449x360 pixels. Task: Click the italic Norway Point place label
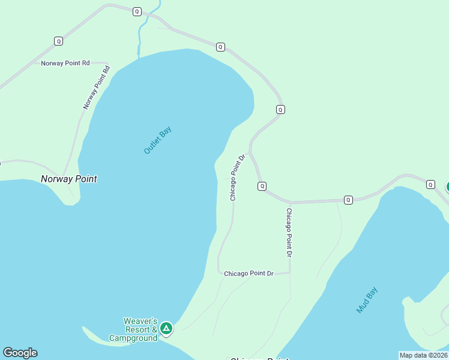pyautogui.click(x=68, y=179)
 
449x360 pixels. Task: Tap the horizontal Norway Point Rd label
pyautogui.click(x=65, y=63)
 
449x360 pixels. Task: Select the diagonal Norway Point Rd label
pyautogui.click(x=97, y=87)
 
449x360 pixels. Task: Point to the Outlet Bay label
pyautogui.click(x=158, y=142)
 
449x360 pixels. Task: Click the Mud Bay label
pyautogui.click(x=367, y=300)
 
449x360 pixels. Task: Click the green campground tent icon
pyautogui.click(x=166, y=328)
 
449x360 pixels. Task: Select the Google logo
pyautogui.click(x=20, y=353)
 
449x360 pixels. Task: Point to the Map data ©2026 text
pyautogui.click(x=423, y=355)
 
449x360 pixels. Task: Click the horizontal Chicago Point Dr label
pyautogui.click(x=249, y=274)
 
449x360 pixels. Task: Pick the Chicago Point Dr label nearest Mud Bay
pyautogui.click(x=289, y=233)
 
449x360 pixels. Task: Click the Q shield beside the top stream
pyautogui.click(x=137, y=11)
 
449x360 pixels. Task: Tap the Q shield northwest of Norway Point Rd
pyautogui.click(x=58, y=41)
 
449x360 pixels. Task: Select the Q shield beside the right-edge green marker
pyautogui.click(x=430, y=184)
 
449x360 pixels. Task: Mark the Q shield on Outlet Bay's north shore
pyautogui.click(x=220, y=47)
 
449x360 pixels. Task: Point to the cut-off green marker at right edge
pyautogui.click(x=447, y=187)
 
